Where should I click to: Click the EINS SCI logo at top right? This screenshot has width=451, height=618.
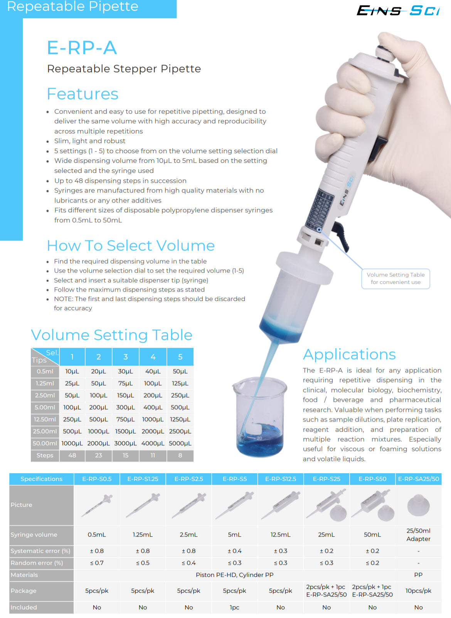tap(398, 10)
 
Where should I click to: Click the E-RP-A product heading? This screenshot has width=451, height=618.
tap(82, 48)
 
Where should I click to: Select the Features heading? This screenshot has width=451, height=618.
tap(82, 94)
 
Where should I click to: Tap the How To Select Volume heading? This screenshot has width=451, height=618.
tap(131, 246)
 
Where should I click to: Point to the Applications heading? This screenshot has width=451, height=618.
tap(349, 354)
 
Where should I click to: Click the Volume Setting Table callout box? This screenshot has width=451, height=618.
tap(395, 278)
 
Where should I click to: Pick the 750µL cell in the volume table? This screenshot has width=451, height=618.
tap(125, 419)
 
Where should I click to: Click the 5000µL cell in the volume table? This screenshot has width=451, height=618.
tap(180, 443)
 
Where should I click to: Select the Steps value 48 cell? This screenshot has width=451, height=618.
tap(72, 455)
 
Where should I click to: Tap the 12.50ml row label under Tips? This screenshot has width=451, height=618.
tap(45, 419)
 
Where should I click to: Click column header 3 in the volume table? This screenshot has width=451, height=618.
tap(125, 357)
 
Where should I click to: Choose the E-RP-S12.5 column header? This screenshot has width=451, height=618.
tap(281, 479)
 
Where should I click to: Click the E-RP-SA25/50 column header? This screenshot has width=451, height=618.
tap(418, 479)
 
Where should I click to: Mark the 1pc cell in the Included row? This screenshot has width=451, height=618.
tap(234, 607)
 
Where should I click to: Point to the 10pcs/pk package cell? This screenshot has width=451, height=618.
tap(418, 591)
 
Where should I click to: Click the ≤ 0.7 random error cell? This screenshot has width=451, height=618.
tap(97, 563)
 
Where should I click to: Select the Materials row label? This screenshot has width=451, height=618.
tap(24, 575)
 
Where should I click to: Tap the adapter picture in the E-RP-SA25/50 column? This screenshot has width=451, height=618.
tap(418, 505)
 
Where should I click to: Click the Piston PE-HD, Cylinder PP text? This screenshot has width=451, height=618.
tap(234, 575)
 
